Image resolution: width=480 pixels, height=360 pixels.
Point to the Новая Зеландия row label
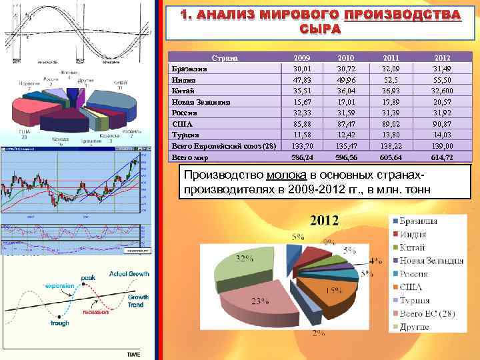click(202, 103)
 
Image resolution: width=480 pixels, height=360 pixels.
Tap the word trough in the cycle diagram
click(59, 323)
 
